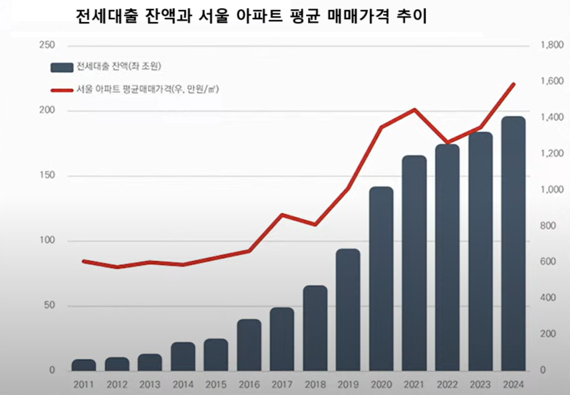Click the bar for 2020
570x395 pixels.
(381, 279)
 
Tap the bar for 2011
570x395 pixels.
(84, 365)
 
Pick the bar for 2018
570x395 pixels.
(315, 328)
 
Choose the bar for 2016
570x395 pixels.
(249, 345)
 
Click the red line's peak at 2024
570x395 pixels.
(513, 84)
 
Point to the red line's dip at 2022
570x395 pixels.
(447, 143)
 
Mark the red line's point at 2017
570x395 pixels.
(282, 214)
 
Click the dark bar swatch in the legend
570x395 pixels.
(61, 66)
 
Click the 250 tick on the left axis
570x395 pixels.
(48, 45)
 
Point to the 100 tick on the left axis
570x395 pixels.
(48, 241)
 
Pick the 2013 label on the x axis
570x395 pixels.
(150, 384)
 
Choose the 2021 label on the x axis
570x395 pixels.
(414, 384)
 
